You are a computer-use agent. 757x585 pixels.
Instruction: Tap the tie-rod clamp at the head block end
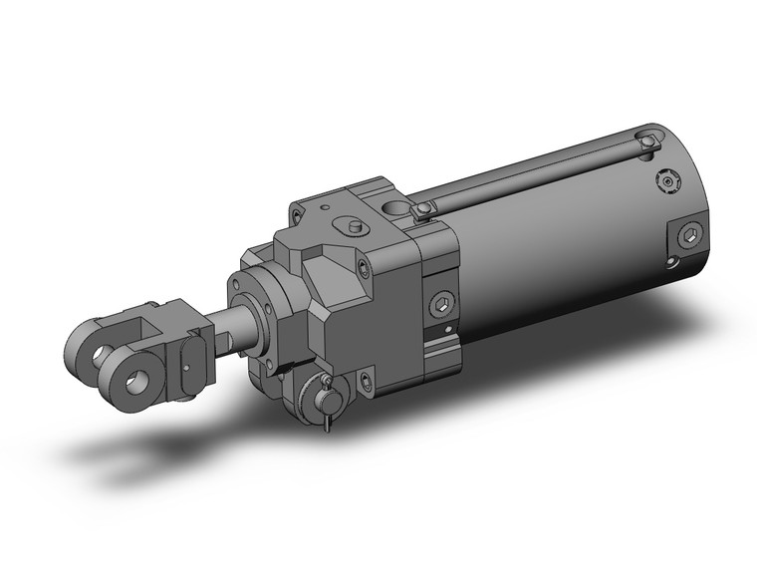pyautogui.click(x=424, y=207)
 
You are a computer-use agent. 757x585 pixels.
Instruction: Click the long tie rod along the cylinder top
pyautogui.click(x=538, y=175)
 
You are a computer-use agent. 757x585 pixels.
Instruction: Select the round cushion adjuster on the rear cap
pyautogui.click(x=668, y=183)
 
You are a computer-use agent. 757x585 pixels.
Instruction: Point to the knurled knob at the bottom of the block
pyautogui.click(x=325, y=395)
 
